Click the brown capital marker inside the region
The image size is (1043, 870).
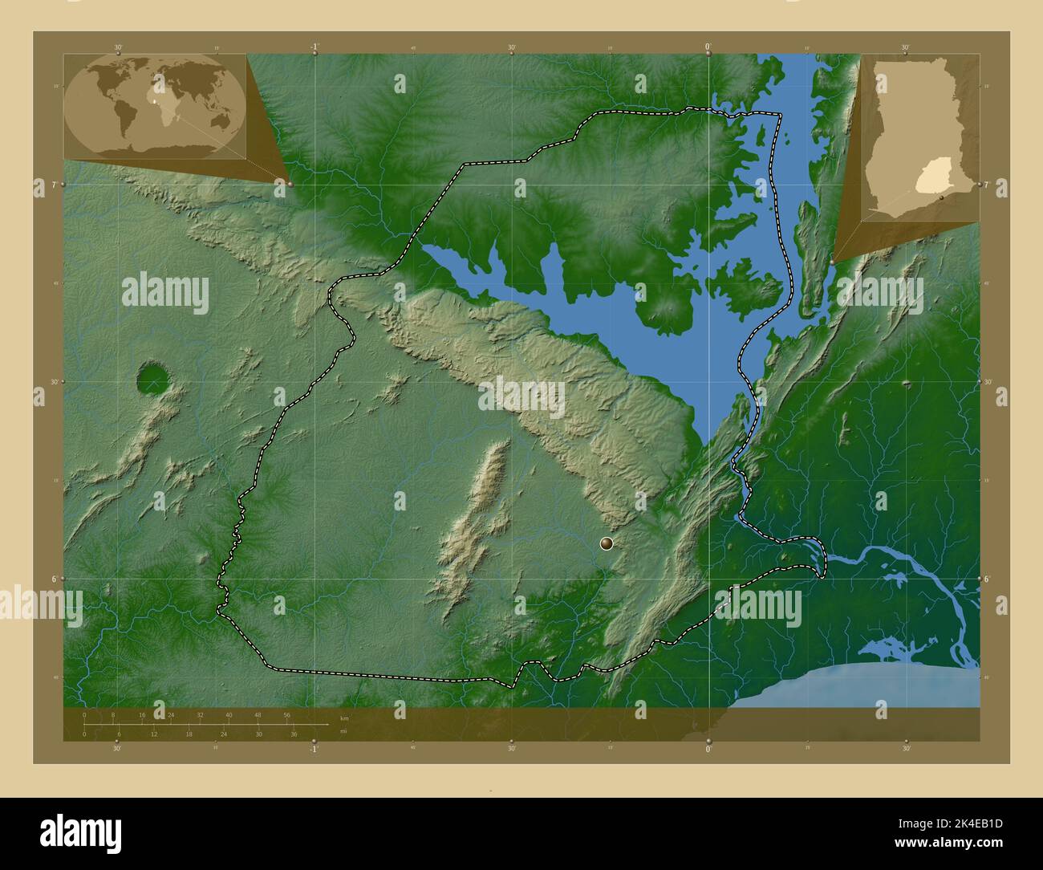(607, 544)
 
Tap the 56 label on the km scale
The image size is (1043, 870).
(286, 714)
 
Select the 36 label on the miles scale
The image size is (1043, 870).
(294, 734)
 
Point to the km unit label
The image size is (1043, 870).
(344, 718)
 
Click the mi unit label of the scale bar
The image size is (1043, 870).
(343, 731)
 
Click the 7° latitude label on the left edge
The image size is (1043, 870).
(53, 185)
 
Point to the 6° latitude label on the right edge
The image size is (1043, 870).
(988, 578)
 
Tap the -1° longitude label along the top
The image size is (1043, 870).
(315, 47)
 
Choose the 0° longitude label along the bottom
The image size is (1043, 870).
(708, 749)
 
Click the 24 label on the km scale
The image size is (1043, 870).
(171, 714)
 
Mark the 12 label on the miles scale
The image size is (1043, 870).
(154, 734)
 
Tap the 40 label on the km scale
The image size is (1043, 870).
(229, 714)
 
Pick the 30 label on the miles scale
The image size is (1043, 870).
(259, 734)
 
